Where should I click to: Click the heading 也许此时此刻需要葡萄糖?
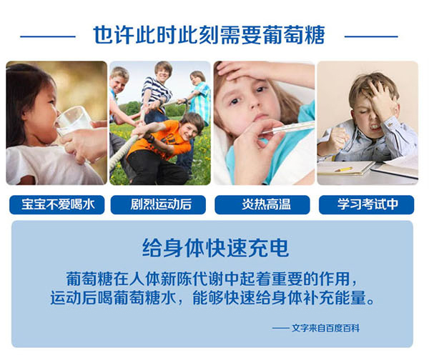pyautogui.click(x=209, y=35)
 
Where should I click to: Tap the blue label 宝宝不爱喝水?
pyautogui.click(x=57, y=205)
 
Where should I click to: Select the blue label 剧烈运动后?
pyautogui.click(x=158, y=205)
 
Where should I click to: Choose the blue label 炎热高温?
pyautogui.click(x=262, y=205)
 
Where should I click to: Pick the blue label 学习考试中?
pyautogui.click(x=367, y=205)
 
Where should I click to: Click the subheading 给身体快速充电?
pyautogui.click(x=216, y=248)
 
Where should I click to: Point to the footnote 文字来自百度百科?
pyautogui.click(x=325, y=328)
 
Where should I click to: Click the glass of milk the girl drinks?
pyautogui.click(x=73, y=121)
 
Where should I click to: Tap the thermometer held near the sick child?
pyautogui.click(x=287, y=128)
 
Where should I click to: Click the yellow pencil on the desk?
pyautogui.click(x=343, y=169)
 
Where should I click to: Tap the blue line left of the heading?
pyautogui.click(x=48, y=36)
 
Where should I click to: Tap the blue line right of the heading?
pyautogui.click(x=371, y=36)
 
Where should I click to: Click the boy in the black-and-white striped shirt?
pyautogui.click(x=157, y=90)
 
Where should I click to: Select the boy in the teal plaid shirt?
pyautogui.click(x=198, y=96)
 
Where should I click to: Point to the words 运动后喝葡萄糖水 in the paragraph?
pyautogui.click(x=113, y=298)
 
